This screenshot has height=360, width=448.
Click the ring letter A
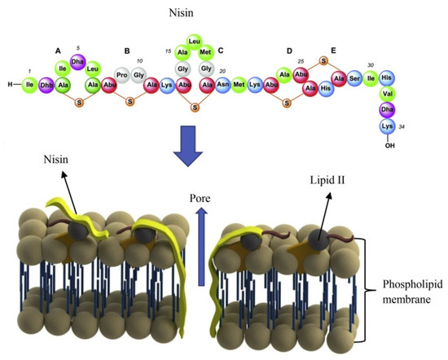click(x=57, y=50)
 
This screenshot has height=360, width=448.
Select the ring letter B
click(x=127, y=50)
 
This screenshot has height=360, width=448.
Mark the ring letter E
click(x=332, y=50)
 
